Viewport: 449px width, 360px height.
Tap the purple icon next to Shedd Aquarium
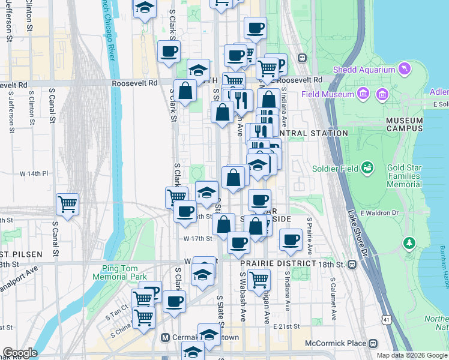click(405, 69)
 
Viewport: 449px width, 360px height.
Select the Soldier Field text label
click(335, 168)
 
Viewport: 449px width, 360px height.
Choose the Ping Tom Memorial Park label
click(120, 272)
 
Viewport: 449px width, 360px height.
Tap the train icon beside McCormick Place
click(373, 343)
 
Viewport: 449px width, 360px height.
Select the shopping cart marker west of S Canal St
click(68, 204)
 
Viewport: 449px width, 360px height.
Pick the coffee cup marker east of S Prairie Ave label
click(291, 239)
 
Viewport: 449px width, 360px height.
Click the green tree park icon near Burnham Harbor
click(409, 243)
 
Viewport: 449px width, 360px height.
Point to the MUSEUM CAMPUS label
click(405, 124)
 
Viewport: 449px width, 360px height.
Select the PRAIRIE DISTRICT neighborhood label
click(278, 263)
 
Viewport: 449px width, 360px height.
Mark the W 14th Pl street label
click(34, 173)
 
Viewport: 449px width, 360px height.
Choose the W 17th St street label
click(198, 238)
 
